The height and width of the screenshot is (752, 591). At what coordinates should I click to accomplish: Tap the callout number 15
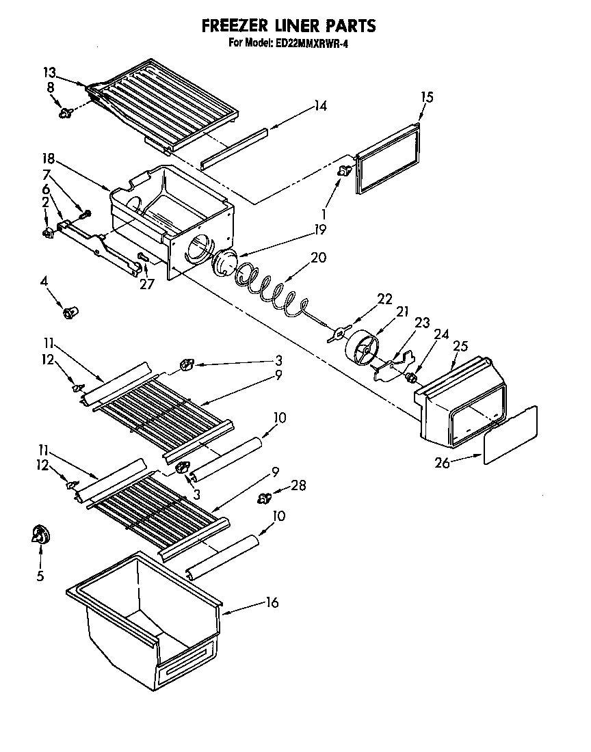point(426,97)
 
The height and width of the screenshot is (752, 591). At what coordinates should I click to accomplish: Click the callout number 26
point(442,464)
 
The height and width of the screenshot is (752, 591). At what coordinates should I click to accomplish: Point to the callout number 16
point(272,602)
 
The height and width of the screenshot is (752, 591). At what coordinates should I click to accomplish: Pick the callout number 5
point(40,576)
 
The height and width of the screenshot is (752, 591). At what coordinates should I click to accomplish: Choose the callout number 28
point(298,486)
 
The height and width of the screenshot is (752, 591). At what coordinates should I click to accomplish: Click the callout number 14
point(320,106)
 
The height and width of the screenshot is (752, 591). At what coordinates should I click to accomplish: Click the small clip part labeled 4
point(68,313)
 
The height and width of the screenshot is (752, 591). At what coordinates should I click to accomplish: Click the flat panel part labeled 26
point(510,435)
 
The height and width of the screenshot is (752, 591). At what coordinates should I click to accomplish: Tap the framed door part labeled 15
point(388,161)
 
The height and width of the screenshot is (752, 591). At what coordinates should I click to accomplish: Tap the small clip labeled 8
point(66,113)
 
